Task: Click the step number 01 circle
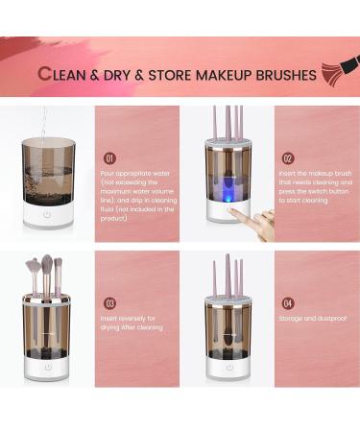tap(110, 157)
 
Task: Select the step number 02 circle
tap(288, 157)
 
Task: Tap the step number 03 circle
tap(110, 303)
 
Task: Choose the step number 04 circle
tap(288, 303)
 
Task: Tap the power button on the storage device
tap(228, 367)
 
